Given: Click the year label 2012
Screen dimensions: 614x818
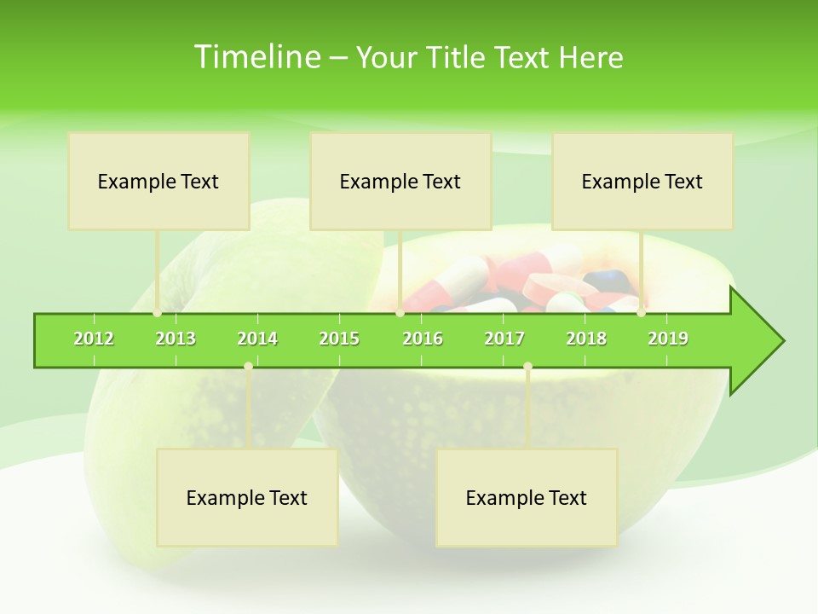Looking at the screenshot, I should (94, 339).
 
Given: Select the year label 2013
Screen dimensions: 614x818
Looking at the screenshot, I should (176, 339).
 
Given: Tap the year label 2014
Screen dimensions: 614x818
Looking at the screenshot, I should (257, 339).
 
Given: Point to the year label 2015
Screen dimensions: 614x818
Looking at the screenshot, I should (339, 339).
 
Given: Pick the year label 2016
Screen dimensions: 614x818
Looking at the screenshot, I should (423, 339).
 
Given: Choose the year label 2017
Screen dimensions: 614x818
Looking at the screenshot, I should (504, 339).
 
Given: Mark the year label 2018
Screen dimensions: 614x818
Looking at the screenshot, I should (586, 339).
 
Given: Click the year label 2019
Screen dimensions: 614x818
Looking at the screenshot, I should (668, 339).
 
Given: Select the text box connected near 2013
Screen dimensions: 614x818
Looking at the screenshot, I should (158, 181).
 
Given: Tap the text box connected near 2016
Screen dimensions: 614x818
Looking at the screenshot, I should (400, 181).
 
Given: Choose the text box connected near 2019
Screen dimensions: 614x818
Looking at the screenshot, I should (642, 181).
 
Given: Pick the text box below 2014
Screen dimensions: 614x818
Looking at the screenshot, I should (247, 497).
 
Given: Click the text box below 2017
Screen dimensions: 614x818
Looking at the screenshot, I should (527, 497).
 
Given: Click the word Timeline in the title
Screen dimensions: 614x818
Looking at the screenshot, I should (255, 57).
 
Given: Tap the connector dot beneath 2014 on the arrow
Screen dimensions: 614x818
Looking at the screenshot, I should (248, 367).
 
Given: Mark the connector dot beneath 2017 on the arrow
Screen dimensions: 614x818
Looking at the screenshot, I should (527, 367).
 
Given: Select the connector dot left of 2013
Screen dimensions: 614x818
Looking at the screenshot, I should (158, 313).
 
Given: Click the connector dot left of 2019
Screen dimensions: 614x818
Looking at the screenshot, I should (642, 313).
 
